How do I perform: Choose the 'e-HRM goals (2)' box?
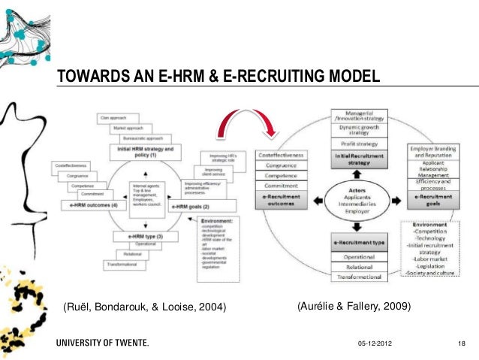click(x=191, y=205)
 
